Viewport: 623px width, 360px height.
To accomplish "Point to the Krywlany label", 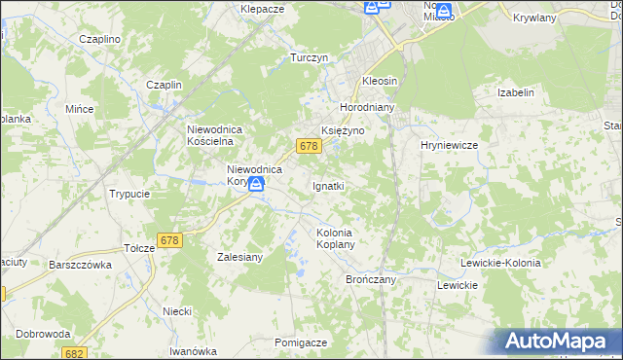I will (x=533, y=18).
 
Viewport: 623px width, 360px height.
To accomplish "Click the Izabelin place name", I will (x=516, y=93).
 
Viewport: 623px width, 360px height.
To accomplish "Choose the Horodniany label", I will (x=366, y=107).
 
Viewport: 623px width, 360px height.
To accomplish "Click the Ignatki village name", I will (x=329, y=185).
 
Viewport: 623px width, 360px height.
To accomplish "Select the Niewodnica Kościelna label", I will (x=220, y=134).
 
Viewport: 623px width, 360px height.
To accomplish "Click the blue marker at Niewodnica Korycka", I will (x=256, y=183).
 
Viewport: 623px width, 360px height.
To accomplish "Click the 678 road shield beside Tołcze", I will (x=169, y=240).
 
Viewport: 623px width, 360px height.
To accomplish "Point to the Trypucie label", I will (x=129, y=194).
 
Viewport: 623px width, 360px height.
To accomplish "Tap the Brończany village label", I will (x=370, y=278).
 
